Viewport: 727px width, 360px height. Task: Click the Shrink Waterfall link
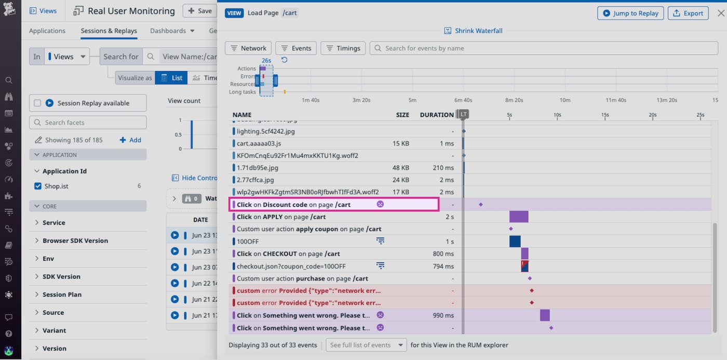tap(474, 31)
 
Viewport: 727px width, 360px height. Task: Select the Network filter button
tap(248, 48)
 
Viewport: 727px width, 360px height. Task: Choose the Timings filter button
tap(343, 48)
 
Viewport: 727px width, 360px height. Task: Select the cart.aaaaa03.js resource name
tap(259, 143)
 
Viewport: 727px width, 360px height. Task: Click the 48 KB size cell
tap(401, 168)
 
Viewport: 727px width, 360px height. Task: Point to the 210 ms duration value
tap(443, 168)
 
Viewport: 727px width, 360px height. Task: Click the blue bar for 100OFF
tap(515, 242)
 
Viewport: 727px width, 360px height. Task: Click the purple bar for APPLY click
tap(518, 217)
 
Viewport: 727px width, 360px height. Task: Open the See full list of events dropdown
tap(366, 345)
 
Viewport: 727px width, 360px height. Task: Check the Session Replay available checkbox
tap(37, 103)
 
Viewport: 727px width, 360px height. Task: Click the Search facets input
tap(88, 123)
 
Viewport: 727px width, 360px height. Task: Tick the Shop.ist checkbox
tap(37, 186)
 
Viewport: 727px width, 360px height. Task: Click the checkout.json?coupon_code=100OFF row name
tap(291, 266)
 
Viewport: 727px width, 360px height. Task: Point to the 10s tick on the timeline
tap(557, 115)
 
